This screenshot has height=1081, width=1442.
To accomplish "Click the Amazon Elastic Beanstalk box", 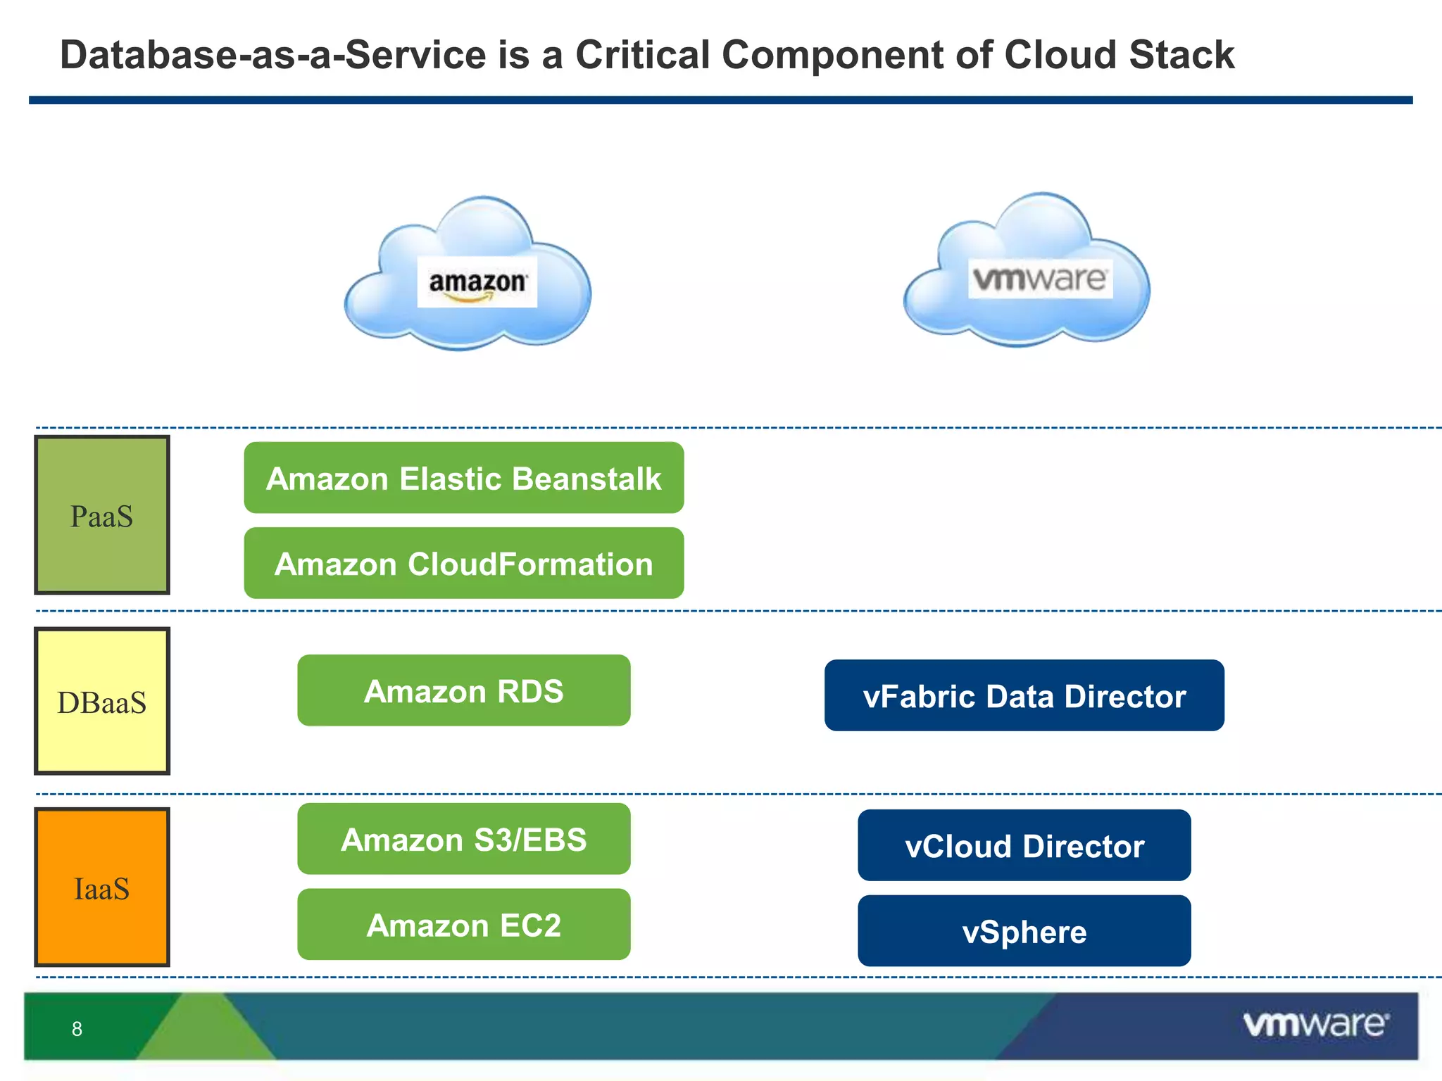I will [463, 478].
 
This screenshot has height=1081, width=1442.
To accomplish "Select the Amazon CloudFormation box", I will [463, 564].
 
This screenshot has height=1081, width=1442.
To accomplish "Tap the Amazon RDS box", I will [463, 690].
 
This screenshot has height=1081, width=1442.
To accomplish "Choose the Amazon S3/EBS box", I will [463, 839].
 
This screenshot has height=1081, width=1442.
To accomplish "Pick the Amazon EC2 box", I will [463, 925].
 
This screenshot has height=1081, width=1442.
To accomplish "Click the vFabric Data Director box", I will [1024, 695].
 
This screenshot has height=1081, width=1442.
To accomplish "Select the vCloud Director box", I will [1024, 845].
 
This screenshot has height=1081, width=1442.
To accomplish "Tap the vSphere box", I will [1024, 931].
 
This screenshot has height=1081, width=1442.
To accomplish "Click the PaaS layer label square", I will [102, 515].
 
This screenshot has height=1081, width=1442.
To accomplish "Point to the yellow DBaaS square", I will [102, 701].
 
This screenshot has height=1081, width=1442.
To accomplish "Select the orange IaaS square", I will [102, 887].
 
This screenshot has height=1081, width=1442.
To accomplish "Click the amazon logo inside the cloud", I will [477, 282].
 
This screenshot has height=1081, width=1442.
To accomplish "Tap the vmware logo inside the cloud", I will [1040, 279].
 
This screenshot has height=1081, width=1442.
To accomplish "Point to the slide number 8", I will [77, 1029].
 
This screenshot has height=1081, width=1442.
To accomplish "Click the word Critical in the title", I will [642, 55].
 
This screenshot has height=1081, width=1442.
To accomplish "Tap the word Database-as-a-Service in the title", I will [273, 55].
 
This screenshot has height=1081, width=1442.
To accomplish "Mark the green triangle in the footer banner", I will [206, 1031].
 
